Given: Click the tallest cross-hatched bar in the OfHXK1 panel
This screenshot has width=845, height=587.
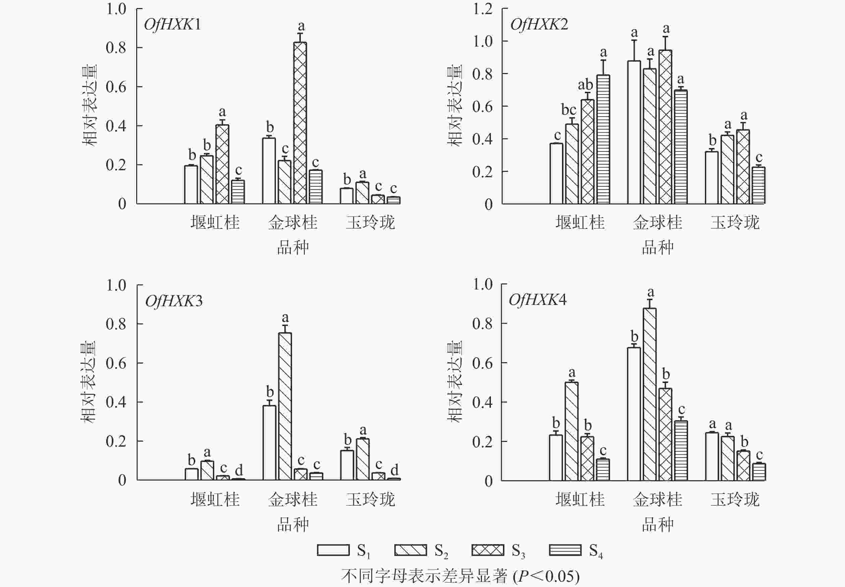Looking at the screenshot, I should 300,123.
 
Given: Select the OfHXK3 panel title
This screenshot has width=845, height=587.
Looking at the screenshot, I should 174,301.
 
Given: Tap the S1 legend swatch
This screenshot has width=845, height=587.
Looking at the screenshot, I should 333,550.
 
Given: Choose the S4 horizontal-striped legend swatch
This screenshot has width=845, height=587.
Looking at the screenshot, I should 565,550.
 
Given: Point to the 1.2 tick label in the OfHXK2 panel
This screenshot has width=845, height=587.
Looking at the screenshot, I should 483,9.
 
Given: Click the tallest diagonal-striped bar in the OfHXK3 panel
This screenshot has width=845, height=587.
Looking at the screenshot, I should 285,406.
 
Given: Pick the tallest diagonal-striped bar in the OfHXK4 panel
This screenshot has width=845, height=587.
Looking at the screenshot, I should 650,394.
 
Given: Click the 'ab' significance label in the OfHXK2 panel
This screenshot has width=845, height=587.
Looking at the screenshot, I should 585,85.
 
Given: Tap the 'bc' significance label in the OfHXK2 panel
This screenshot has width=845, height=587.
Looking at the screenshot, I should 569,110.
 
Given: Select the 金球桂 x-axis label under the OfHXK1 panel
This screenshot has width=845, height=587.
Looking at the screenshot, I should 293,222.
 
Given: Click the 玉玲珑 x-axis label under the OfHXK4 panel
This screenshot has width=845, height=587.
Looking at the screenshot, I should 735,500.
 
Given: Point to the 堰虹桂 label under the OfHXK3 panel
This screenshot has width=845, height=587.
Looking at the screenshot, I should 215,500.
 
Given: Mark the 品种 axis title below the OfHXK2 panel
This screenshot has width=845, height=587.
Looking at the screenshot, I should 658,248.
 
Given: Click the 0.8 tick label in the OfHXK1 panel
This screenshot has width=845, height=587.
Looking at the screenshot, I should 116,48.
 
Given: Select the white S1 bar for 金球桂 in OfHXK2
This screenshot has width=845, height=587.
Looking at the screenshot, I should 634,132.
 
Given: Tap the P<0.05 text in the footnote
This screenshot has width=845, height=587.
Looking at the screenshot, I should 546,576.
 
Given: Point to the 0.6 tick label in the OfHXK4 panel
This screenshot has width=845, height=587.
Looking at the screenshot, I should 483,363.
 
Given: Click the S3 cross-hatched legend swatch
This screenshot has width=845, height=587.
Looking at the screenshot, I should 488,550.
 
